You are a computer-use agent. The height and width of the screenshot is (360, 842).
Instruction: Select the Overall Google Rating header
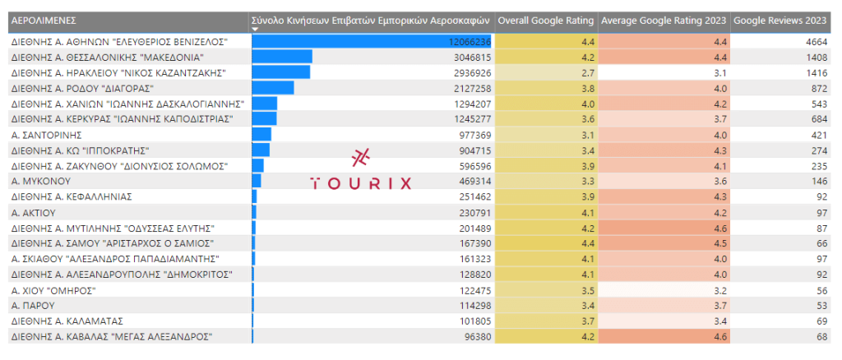point(546,20)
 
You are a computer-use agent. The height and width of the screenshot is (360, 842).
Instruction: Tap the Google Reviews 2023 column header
point(780,20)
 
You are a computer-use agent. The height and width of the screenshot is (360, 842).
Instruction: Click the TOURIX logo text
point(361,182)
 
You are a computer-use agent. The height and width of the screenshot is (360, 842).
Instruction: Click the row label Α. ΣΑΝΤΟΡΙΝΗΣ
point(46,134)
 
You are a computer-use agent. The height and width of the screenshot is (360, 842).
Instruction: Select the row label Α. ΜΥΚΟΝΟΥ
point(41,181)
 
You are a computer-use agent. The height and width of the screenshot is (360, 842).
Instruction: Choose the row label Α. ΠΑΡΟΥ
point(34,305)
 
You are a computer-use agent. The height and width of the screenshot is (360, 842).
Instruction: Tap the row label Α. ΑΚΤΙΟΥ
point(36,212)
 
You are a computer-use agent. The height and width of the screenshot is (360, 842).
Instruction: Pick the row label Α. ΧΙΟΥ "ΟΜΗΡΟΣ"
point(54,289)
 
